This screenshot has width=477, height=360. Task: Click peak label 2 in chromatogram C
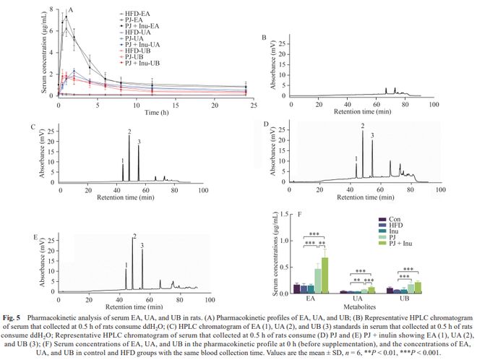[x=129, y=131]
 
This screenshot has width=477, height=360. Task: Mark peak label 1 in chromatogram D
[x=356, y=158]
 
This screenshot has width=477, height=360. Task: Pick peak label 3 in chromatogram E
[x=142, y=246]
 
